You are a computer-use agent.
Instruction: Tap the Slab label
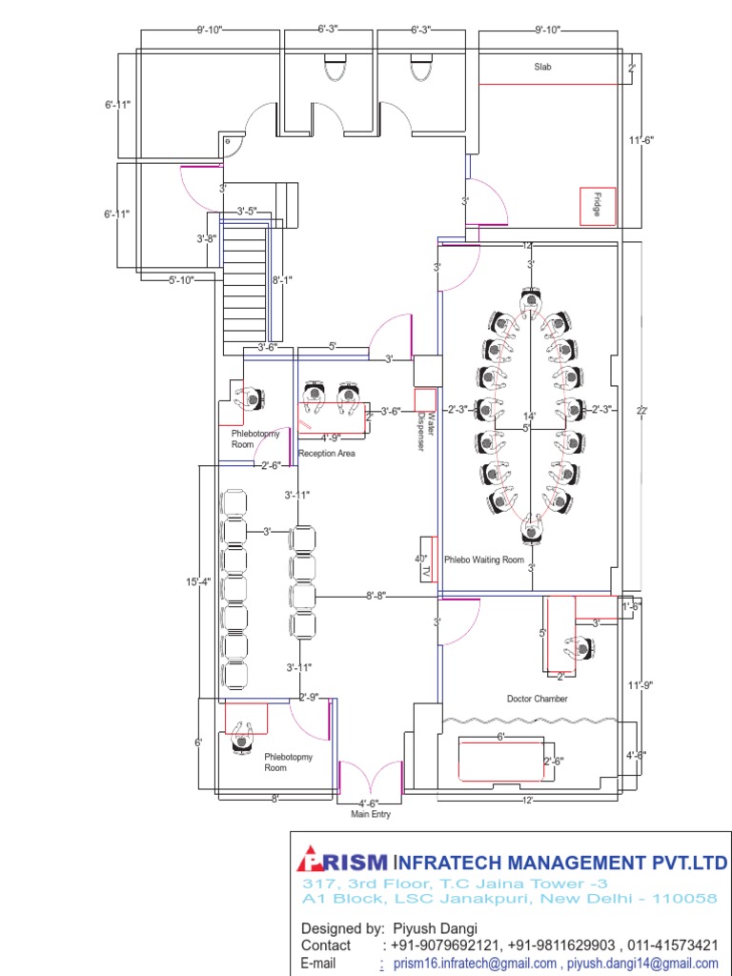click(x=543, y=67)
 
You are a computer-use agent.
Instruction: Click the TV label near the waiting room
click(x=427, y=570)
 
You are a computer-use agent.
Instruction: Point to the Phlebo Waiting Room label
click(x=484, y=560)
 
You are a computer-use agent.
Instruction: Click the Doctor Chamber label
click(x=537, y=699)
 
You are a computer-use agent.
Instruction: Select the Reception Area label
click(x=326, y=454)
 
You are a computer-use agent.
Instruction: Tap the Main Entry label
click(x=371, y=814)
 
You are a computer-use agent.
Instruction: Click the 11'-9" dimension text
click(x=640, y=684)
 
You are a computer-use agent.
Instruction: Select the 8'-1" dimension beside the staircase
click(x=283, y=281)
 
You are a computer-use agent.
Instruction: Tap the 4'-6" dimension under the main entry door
click(x=369, y=803)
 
